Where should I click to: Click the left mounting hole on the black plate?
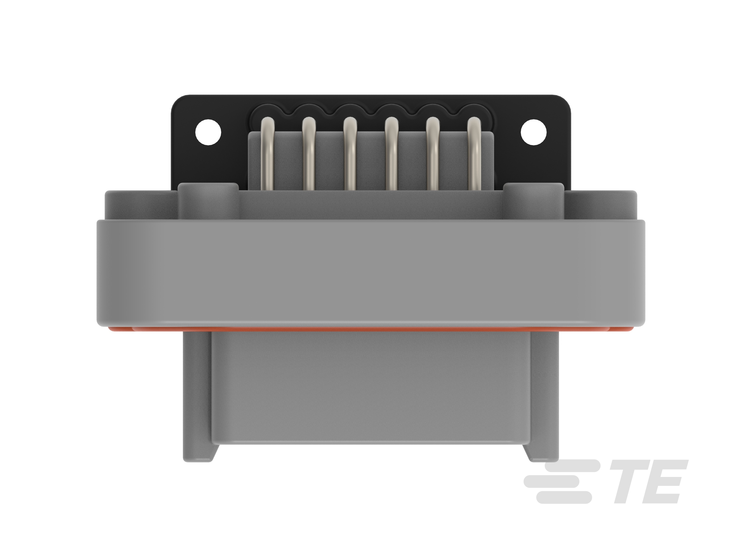pyautogui.click(x=208, y=132)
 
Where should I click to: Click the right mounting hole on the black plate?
pyautogui.click(x=533, y=132)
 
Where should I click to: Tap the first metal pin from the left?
pyautogui.click(x=267, y=154)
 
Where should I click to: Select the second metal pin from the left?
pyautogui.click(x=309, y=154)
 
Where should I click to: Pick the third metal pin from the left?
pyautogui.click(x=350, y=154)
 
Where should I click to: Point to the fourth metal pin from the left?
pyautogui.click(x=391, y=154)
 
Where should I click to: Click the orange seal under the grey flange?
pyautogui.click(x=369, y=329)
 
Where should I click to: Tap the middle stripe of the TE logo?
pyautogui.click(x=552, y=481)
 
